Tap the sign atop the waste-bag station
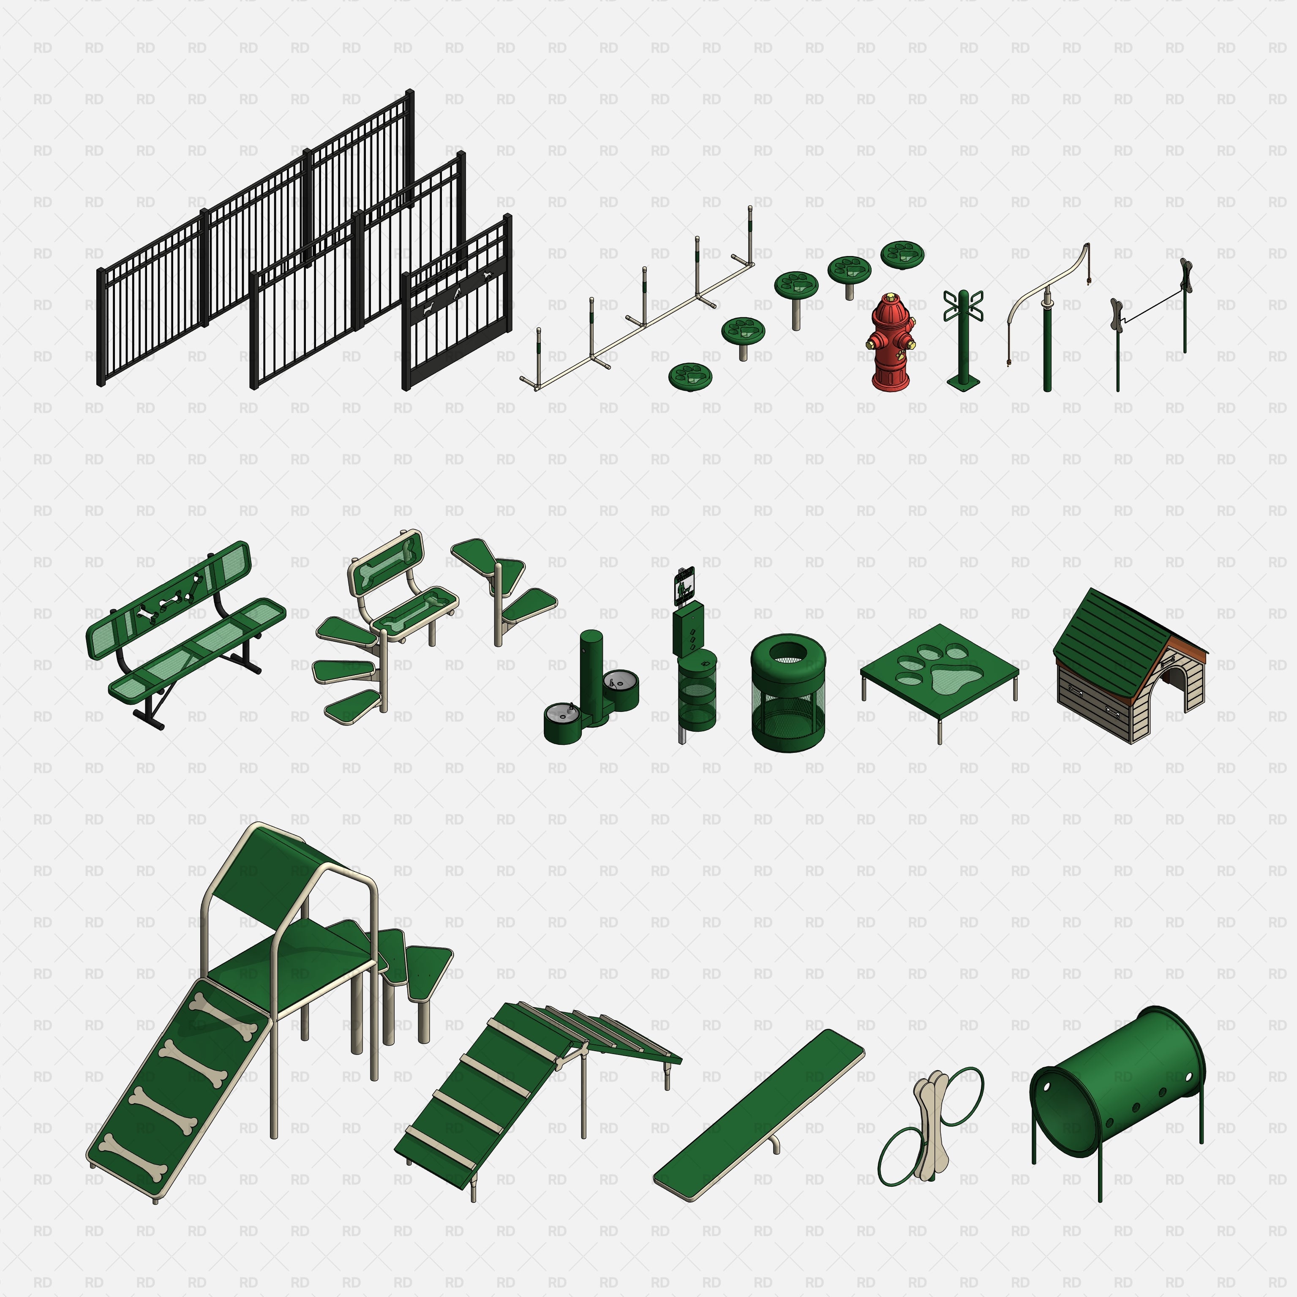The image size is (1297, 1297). [x=684, y=584]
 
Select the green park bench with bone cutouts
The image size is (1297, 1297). [x=185, y=631]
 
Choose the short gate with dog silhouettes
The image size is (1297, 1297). [x=457, y=305]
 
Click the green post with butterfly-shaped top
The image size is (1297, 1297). [x=963, y=336]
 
